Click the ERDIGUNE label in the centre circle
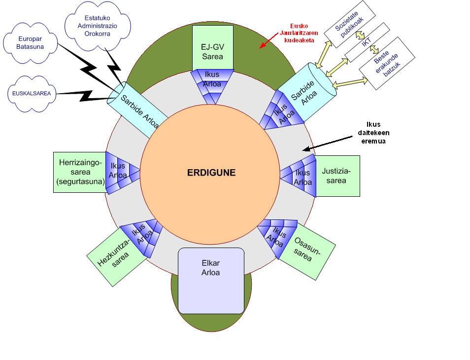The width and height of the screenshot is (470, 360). click(x=211, y=173)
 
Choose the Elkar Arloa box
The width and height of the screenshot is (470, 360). click(x=211, y=280)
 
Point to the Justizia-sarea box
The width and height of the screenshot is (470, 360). click(x=337, y=176)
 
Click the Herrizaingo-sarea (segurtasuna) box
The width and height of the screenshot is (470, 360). click(x=80, y=172)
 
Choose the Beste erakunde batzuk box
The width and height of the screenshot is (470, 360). click(x=383, y=65)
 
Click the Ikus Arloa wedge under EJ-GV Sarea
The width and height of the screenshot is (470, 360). click(x=212, y=84)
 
